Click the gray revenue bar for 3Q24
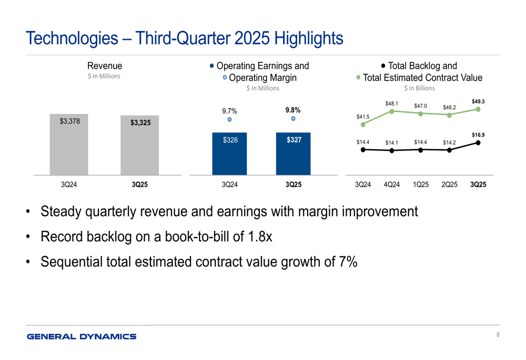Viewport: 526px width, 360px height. point(69,144)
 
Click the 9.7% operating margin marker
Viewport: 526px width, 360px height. point(229,120)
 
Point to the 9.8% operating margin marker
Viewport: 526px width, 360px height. point(294,119)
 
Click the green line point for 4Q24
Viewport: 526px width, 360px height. point(392,111)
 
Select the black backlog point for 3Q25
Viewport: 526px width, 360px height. point(478,142)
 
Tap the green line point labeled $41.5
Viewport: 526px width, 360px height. point(363,124)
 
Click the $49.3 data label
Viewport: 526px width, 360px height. point(478,101)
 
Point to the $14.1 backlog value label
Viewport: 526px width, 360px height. point(392,142)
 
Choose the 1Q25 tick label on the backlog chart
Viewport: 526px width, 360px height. point(420,184)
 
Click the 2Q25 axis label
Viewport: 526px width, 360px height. point(449,184)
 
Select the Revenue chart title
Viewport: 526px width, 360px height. point(105,66)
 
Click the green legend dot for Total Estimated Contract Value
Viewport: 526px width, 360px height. point(359,78)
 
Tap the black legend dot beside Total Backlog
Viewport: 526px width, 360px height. point(383,66)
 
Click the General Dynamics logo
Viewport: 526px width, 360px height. point(82,336)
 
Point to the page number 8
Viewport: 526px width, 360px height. point(497,335)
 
